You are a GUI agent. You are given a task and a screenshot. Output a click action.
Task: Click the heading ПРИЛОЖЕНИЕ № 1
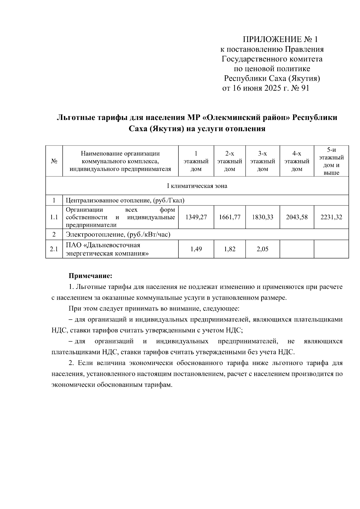[280, 39]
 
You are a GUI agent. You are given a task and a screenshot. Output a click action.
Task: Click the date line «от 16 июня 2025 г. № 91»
[265, 88]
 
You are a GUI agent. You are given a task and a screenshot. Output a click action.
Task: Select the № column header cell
[54, 161]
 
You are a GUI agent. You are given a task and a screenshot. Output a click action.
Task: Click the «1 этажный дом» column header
[196, 161]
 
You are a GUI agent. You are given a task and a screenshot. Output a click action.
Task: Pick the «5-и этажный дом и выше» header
[331, 161]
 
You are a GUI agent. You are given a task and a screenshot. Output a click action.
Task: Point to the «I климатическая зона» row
[197, 186]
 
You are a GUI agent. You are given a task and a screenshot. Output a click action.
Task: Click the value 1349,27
[196, 217]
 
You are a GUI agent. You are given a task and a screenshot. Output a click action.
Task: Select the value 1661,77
[229, 217]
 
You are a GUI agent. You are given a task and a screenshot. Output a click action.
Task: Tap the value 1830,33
[262, 217]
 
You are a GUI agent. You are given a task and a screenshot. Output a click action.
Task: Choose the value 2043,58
[297, 217]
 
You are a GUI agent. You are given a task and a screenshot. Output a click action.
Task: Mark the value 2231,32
[331, 217]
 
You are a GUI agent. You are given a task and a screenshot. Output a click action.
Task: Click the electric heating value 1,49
[196, 249]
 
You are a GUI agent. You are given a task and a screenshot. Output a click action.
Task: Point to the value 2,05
[262, 249]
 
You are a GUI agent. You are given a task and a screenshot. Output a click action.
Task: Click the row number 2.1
[54, 249]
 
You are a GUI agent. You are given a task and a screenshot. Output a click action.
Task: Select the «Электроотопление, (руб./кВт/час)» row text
[118, 234]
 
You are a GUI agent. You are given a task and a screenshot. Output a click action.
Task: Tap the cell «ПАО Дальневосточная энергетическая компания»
[107, 249]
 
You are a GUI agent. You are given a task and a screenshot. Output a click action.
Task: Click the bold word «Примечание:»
[91, 275]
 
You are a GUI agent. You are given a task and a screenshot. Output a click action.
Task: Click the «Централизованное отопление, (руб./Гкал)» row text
[125, 200]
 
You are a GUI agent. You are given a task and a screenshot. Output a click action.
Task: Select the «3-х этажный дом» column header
[262, 161]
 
